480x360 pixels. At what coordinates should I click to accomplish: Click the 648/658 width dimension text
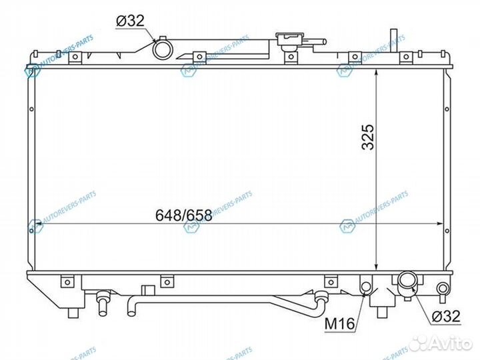coord(183,215)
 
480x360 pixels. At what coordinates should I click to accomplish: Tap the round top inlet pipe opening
coord(161,49)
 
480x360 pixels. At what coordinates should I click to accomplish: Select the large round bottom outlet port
coord(407,283)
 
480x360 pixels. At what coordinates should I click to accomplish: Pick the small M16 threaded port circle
coord(365,287)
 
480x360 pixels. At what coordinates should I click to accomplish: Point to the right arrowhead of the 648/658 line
coord(440,225)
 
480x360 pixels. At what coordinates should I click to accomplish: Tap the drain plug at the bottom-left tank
coord(103,303)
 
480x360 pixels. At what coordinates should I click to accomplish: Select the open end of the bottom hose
coord(131,309)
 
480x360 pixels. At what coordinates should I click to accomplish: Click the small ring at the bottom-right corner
coord(443,289)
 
